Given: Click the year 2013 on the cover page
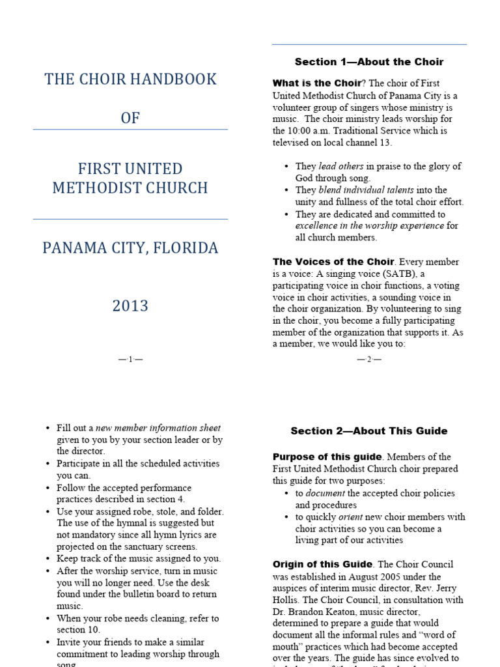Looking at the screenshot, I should (x=130, y=306).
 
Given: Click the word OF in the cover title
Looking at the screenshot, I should (x=130, y=118).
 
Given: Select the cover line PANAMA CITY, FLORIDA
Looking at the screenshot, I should (x=130, y=248).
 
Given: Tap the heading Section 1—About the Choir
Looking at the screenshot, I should (x=369, y=62).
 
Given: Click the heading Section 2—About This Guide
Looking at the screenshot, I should (x=369, y=431).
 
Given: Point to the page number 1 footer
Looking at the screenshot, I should (x=130, y=359).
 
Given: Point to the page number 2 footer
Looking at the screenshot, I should (x=369, y=359).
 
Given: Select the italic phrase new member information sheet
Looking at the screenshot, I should (x=158, y=428).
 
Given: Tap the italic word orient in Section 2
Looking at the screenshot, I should (x=350, y=517).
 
